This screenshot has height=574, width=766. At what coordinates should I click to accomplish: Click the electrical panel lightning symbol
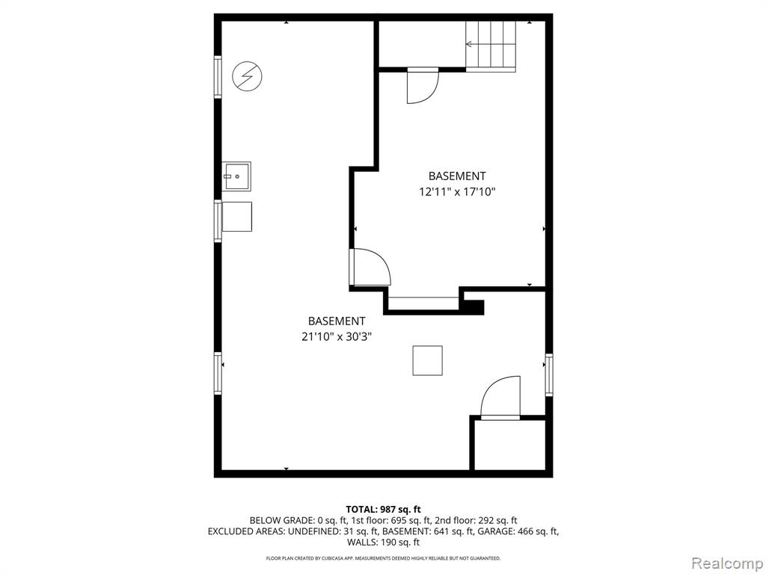(x=247, y=76)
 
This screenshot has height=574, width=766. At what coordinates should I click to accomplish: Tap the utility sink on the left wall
(x=236, y=176)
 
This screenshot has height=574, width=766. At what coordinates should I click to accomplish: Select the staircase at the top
(x=491, y=46)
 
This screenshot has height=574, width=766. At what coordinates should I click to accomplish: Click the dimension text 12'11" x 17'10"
(x=457, y=192)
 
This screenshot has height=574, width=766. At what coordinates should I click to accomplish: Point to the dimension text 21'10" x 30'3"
(x=337, y=337)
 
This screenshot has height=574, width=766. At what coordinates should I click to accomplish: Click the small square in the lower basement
(x=427, y=361)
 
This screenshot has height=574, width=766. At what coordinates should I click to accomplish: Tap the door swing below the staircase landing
(x=423, y=86)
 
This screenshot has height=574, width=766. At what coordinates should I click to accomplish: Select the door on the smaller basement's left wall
(x=370, y=267)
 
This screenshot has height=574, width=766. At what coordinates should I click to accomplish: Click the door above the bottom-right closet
(x=500, y=398)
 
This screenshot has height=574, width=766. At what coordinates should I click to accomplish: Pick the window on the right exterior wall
(x=549, y=375)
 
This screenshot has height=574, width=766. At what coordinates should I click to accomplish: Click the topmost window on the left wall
(x=218, y=77)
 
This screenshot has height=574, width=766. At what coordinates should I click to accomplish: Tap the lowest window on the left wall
(x=218, y=374)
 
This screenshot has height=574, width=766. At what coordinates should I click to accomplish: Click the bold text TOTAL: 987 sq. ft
(x=384, y=510)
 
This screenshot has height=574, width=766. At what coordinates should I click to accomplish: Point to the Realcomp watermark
(x=727, y=564)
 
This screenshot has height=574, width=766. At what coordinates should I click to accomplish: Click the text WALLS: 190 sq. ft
(x=384, y=543)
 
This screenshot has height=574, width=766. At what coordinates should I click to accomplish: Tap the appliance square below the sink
(x=237, y=217)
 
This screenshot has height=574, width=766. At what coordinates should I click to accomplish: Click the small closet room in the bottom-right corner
(x=510, y=445)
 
